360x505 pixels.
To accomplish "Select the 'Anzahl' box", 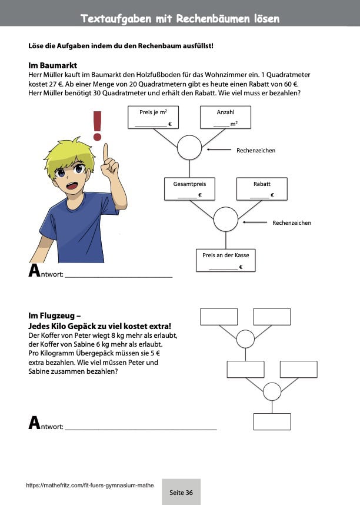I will (x=225, y=117).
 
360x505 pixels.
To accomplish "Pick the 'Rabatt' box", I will (x=262, y=188).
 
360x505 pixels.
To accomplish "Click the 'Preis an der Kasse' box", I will (x=225, y=260).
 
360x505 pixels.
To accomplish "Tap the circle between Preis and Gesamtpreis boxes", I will (x=189, y=148).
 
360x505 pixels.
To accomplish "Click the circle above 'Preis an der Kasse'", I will (x=225, y=220).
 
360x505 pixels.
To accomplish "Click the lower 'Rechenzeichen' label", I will (x=291, y=223).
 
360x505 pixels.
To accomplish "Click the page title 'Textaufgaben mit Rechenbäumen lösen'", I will (x=180, y=19).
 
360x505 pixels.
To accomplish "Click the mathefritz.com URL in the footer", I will (x=90, y=486).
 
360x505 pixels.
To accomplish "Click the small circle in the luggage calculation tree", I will (x=272, y=391).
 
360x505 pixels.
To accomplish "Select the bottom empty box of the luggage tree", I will (x=272, y=421).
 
